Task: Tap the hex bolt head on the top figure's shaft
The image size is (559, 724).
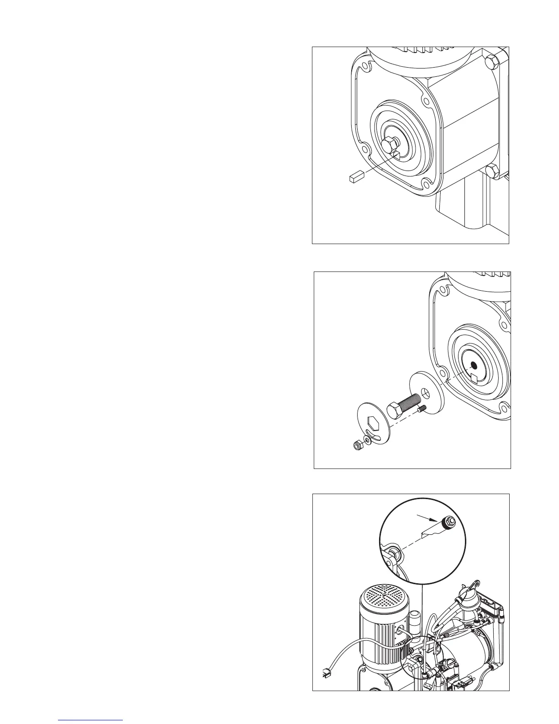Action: [389, 146]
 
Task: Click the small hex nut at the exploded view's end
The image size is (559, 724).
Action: [357, 445]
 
